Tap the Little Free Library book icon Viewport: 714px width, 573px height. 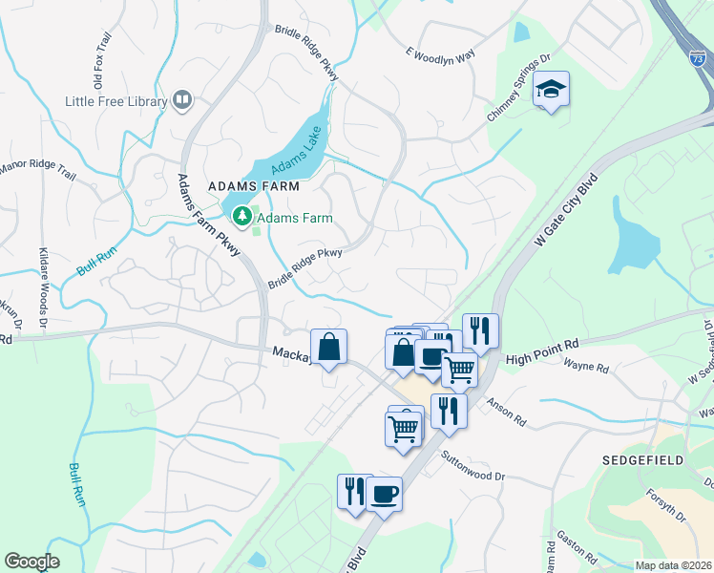point(181,100)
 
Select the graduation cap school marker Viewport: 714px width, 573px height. point(551,91)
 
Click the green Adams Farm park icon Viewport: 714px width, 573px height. point(242,217)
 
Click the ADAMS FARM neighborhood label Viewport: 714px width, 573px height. point(254,185)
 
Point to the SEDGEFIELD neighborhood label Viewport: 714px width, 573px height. point(643,460)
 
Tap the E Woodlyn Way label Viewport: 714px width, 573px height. point(440,55)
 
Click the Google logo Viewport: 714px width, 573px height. point(31,562)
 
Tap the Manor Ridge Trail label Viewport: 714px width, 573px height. point(38,171)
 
